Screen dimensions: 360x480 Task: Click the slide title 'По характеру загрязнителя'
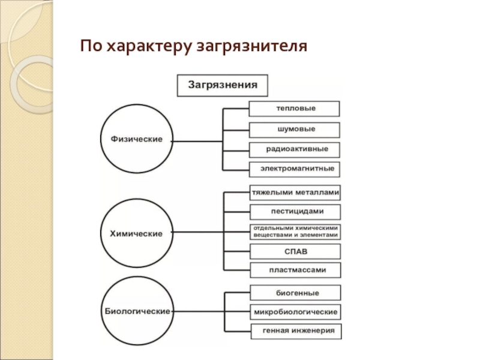(195, 46)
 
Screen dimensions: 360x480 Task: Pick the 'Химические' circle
(137, 233)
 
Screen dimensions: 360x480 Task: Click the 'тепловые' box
(295, 109)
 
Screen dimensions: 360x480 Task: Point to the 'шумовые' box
(295, 130)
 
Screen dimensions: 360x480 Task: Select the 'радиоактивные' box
(295, 149)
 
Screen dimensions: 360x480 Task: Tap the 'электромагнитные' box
(295, 169)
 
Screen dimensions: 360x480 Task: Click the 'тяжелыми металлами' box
(295, 193)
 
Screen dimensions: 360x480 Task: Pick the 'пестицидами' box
(295, 212)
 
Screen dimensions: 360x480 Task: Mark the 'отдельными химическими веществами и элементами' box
(295, 232)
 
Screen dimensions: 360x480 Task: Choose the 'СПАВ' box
(295, 251)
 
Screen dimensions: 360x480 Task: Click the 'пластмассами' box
(295, 270)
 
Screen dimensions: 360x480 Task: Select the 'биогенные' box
(295, 293)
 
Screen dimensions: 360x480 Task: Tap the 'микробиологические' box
(295, 312)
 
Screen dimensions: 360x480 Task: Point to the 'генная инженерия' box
(295, 331)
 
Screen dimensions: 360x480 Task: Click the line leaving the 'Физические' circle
(198, 142)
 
